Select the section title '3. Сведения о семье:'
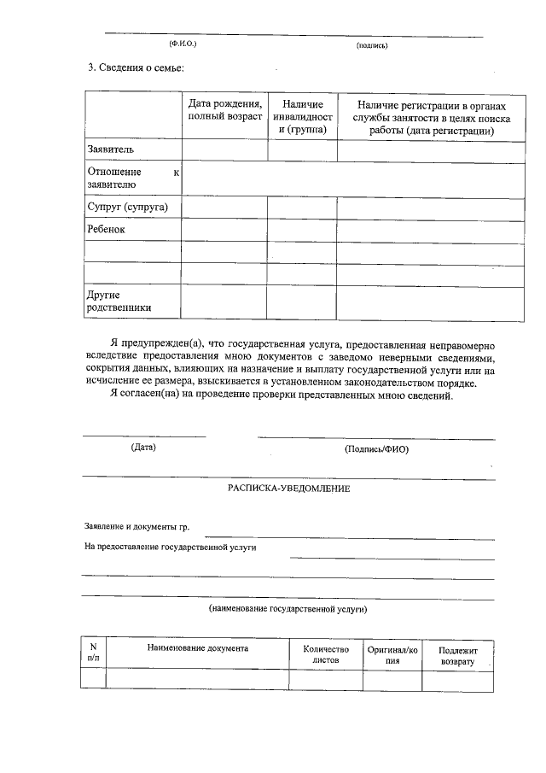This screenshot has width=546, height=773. tap(136, 67)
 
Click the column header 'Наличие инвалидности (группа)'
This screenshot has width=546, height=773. tap(301, 116)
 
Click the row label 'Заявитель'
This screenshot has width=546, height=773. tap(111, 150)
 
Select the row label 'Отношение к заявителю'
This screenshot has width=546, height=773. tap(133, 178)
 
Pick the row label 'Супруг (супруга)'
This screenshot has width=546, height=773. tap(128, 208)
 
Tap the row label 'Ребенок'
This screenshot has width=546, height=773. tap(107, 230)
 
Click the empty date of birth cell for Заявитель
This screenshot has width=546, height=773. tap(224, 150)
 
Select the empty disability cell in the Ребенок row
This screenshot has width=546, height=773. tap(301, 231)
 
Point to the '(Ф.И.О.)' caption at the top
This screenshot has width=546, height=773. tap(183, 43)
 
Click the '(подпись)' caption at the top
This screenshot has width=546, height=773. tap(373, 45)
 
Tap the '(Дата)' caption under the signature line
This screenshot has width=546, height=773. tap(143, 447)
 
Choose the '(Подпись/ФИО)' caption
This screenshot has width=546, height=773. tap(376, 448)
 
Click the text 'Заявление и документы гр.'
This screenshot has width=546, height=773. tap(136, 527)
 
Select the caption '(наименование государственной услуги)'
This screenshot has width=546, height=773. tap(288, 610)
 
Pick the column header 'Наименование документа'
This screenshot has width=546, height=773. tap(197, 648)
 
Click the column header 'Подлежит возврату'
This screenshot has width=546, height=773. tap(459, 655)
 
